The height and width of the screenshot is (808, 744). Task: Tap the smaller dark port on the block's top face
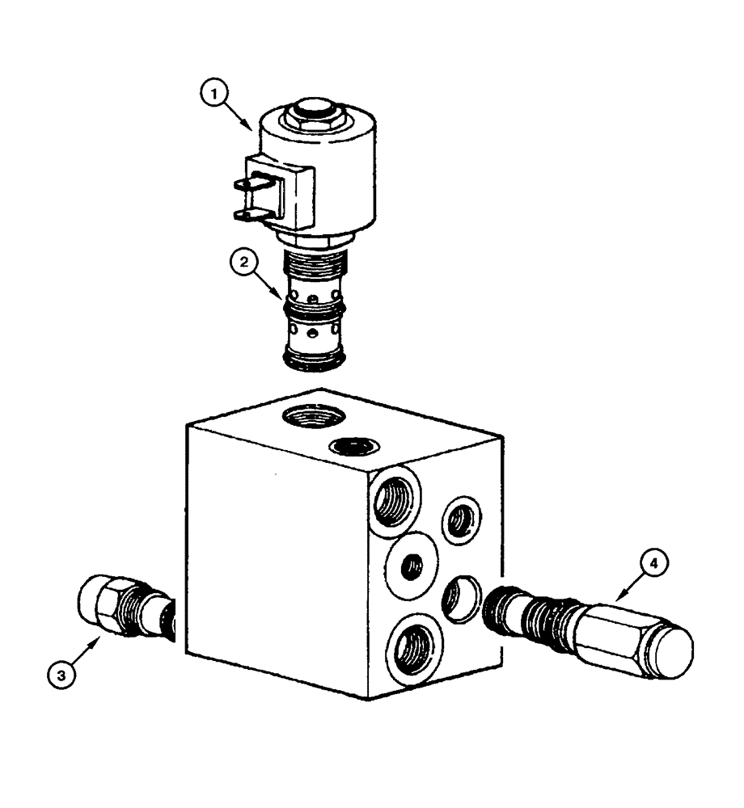pos(353,446)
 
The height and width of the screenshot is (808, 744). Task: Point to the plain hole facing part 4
pos(461,599)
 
